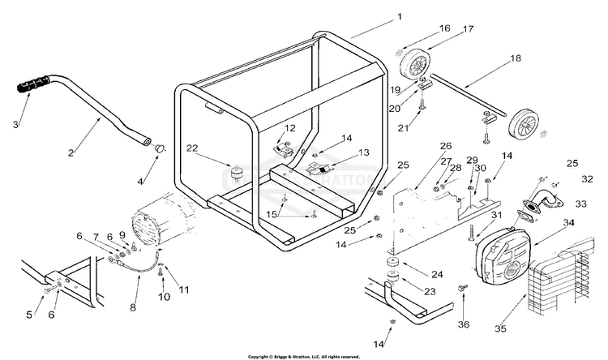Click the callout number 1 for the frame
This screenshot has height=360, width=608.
click(x=399, y=15)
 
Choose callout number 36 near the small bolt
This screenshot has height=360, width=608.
click(x=463, y=324)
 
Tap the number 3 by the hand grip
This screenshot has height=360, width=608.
click(x=15, y=124)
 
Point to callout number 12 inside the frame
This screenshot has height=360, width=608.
click(x=289, y=127)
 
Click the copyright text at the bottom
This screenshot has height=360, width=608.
click(x=303, y=356)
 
